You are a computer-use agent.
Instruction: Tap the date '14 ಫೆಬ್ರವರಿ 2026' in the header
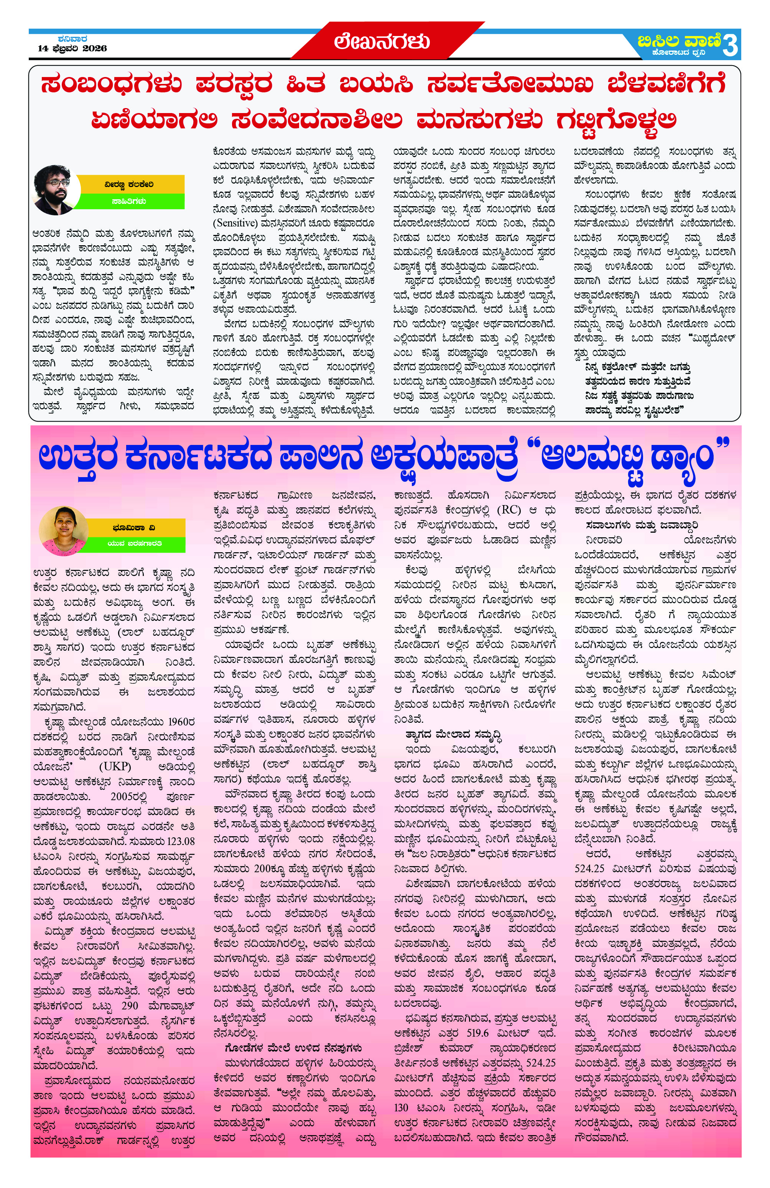(72, 48)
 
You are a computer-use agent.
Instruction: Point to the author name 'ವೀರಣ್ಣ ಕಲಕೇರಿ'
(129, 184)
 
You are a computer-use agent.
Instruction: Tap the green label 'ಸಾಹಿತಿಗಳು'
(129, 201)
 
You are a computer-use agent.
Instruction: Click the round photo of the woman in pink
(62, 531)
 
